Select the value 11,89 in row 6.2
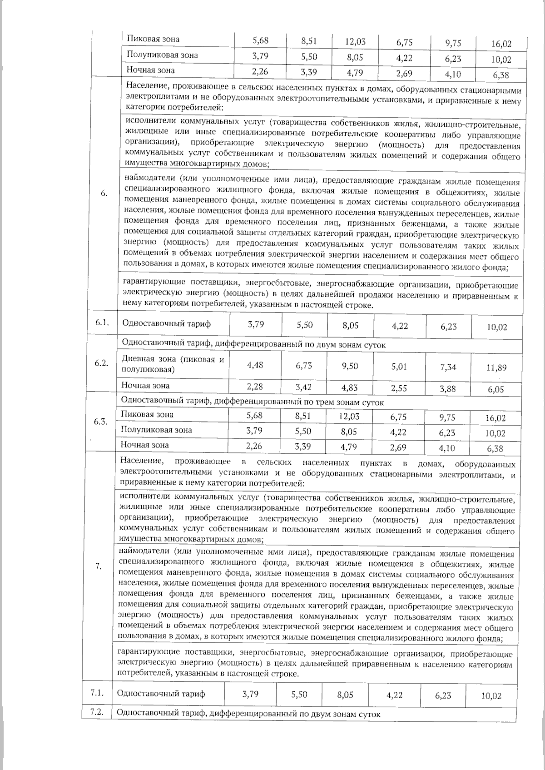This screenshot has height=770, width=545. (x=496, y=368)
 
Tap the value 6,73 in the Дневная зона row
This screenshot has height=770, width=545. (x=303, y=366)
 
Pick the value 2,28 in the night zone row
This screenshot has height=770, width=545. (x=255, y=387)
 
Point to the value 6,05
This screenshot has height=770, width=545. (x=496, y=390)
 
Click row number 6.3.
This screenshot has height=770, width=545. (x=101, y=422)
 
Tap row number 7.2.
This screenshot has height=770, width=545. (x=98, y=712)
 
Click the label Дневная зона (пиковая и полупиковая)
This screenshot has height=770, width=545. (x=173, y=364)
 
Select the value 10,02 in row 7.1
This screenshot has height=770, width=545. (x=491, y=696)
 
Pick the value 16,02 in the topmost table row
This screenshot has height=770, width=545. (x=501, y=45)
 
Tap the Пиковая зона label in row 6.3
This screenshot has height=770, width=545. (x=147, y=414)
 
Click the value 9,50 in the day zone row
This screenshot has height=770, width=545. (x=350, y=366)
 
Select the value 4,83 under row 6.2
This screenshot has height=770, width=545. (x=350, y=387)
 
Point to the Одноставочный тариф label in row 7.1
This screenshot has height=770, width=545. (x=161, y=694)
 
